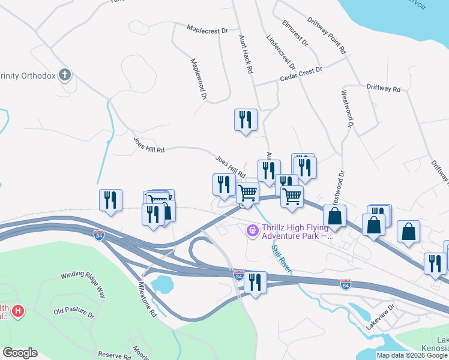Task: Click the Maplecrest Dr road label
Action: point(208,29)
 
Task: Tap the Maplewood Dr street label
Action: point(199,79)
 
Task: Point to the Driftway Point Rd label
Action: point(327,36)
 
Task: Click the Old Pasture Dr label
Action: point(74,313)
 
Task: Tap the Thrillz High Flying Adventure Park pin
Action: point(253,229)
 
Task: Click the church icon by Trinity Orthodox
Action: point(65,75)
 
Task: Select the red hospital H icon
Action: point(19,311)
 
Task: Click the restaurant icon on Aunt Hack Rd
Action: point(245,119)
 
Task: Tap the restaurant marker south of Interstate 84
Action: point(256,283)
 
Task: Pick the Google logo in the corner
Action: point(20,352)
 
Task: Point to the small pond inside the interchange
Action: point(161,283)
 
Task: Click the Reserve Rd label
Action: point(115,355)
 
